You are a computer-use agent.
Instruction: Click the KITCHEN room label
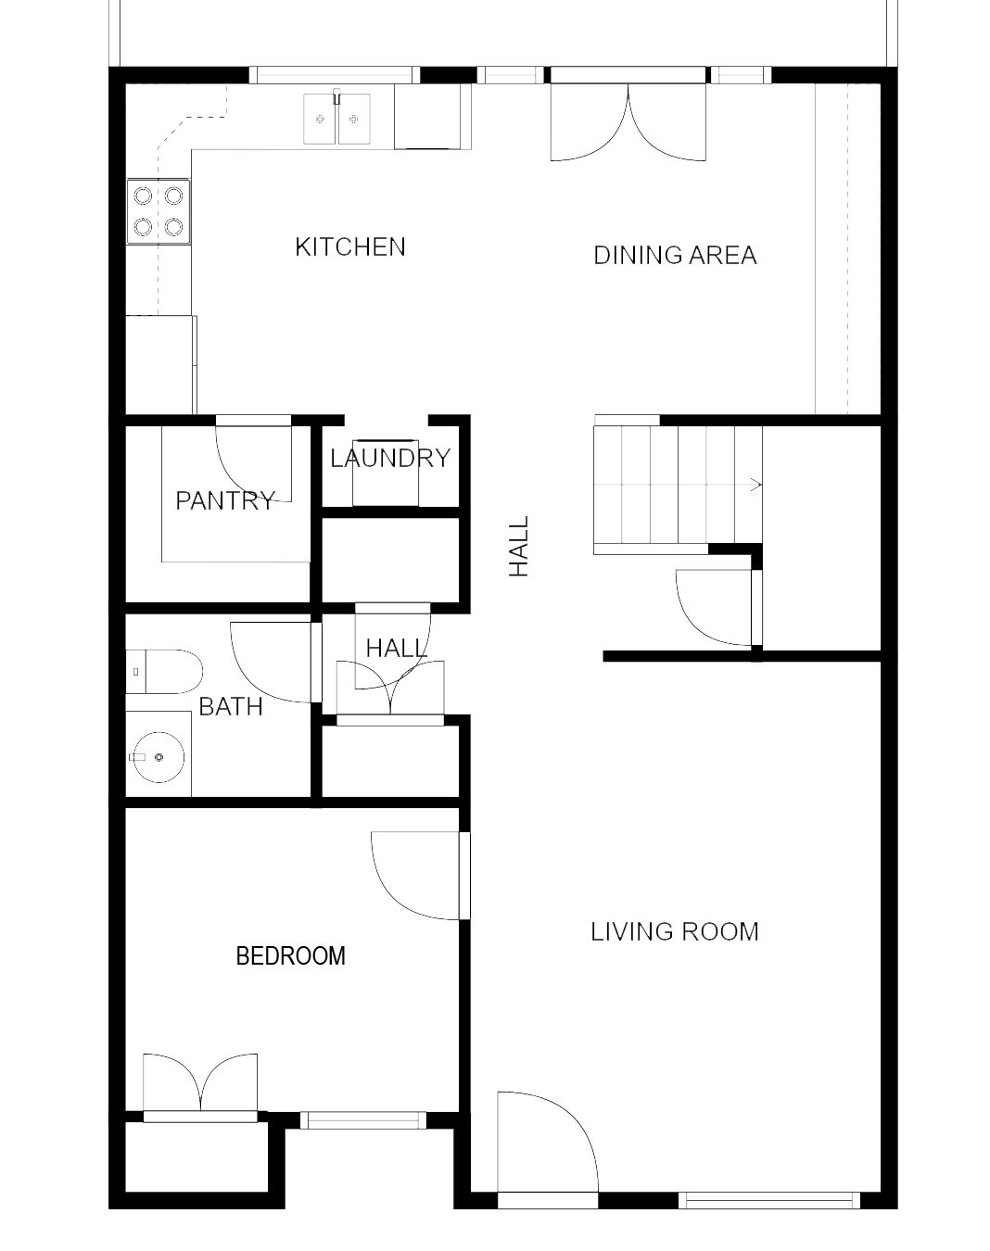tap(350, 247)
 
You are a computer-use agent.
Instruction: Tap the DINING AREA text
tap(675, 256)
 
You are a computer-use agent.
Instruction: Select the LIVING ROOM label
tap(675, 931)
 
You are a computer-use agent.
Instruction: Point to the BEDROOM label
tap(291, 955)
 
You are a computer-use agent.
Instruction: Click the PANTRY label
tap(225, 501)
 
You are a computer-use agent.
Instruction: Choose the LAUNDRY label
tap(390, 458)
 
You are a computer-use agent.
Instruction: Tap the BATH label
tap(231, 707)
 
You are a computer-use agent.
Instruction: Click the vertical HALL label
tap(519, 547)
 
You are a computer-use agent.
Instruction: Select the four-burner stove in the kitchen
tap(159, 211)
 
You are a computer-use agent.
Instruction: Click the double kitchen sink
tap(336, 120)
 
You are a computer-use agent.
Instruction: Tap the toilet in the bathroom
tap(164, 672)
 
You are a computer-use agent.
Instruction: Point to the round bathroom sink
tap(159, 757)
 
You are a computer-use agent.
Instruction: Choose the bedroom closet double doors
tap(200, 1084)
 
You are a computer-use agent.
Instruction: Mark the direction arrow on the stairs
tap(755, 484)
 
